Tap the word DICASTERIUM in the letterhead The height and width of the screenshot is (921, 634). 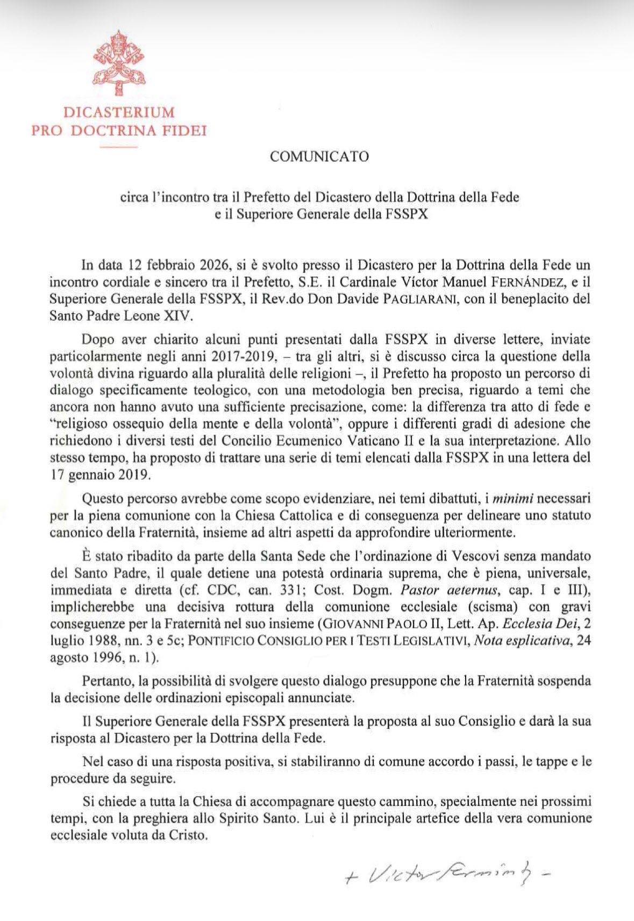119,113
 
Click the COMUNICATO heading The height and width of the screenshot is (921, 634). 319,157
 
